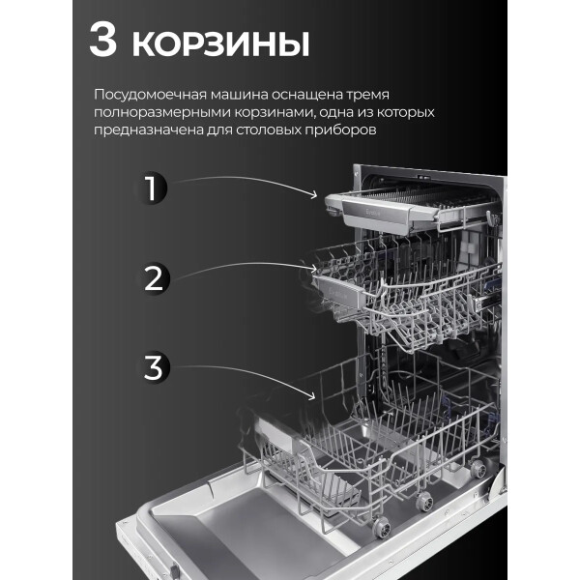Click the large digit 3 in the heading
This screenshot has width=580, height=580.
point(102,40)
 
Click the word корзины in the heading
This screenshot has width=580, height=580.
point(220,44)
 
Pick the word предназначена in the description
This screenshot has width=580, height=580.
point(148,130)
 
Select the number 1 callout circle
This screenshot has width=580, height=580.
point(151,188)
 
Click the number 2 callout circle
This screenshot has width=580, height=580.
point(153,278)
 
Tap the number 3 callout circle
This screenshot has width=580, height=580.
point(154,367)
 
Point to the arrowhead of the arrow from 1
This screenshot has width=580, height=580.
point(315,195)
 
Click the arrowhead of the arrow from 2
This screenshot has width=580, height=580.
point(313,269)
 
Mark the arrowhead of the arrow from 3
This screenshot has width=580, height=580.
point(312,397)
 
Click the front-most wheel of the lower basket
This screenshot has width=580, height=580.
point(381,526)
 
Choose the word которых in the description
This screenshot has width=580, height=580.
point(406,113)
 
